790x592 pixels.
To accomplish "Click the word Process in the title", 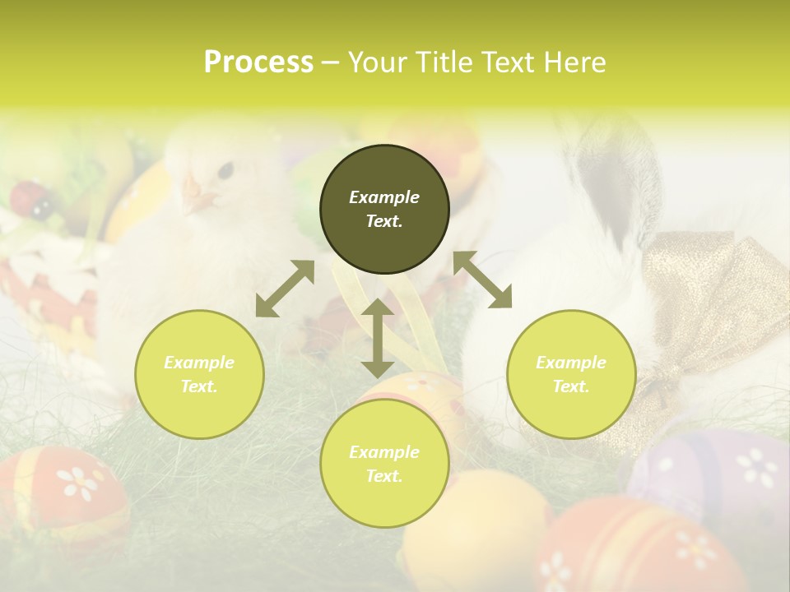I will [x=258, y=62].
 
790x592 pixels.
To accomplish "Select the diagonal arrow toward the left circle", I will [x=285, y=289].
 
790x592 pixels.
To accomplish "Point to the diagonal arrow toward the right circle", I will [x=482, y=280].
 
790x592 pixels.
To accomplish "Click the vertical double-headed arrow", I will [x=377, y=338].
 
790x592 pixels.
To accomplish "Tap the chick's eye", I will [x=225, y=169].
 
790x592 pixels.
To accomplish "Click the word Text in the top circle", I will [x=384, y=221].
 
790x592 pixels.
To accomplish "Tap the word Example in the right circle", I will [x=571, y=363].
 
